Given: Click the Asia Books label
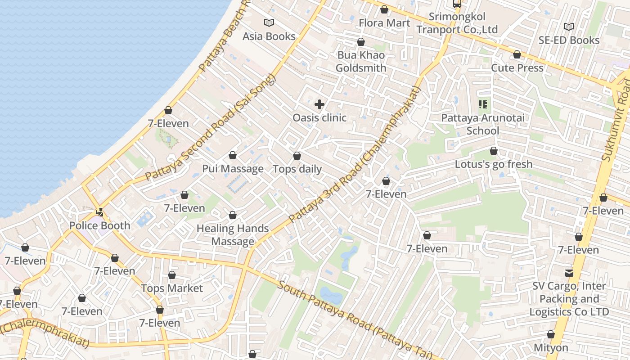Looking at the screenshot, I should coord(269,36).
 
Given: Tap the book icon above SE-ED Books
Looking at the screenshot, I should coord(569,27).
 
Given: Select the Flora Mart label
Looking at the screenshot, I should coord(384,23).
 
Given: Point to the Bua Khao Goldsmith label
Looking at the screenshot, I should coord(361,62).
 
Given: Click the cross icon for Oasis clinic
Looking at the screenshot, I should coord(319,105).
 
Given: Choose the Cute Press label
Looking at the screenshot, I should coord(517,68).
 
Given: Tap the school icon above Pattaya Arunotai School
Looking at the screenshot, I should coord(483,105).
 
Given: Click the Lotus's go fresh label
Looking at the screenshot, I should coord(494,164).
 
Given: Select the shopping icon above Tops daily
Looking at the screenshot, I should coord(297,156).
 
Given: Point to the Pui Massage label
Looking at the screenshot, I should coord(233,169).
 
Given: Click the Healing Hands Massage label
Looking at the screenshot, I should coord(233,235).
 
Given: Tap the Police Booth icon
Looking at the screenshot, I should coord(100,211).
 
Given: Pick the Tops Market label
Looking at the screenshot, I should coord(172,288).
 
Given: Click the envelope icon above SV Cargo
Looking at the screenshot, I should coord(569,273).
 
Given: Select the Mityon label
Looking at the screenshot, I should coord(551,348).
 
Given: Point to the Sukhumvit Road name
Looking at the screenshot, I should coord(616,121).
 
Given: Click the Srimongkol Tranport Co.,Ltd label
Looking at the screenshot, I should coord(457,23).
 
